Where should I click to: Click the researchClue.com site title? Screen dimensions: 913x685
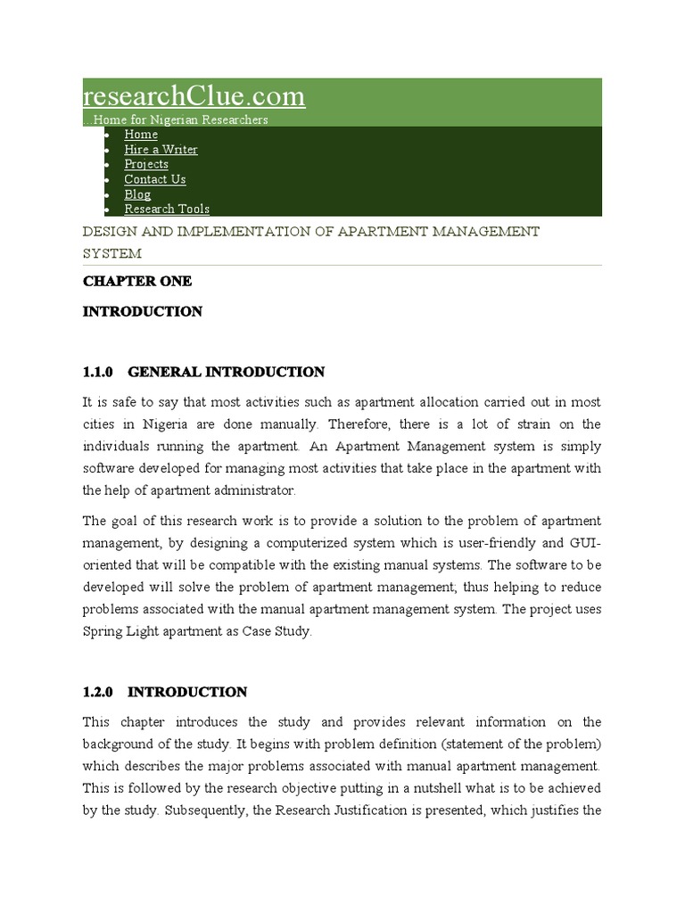click(x=194, y=96)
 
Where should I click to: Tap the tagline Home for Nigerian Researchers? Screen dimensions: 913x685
click(x=177, y=119)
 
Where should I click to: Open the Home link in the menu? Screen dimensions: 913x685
click(x=141, y=135)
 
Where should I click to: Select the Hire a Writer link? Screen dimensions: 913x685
click(x=161, y=150)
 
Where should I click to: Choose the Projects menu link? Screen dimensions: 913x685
click(x=146, y=164)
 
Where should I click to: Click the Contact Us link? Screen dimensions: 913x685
click(x=155, y=179)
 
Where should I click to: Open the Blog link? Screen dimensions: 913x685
click(x=137, y=194)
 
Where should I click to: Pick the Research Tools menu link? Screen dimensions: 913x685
click(x=167, y=209)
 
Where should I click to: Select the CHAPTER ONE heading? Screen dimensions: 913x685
click(x=136, y=281)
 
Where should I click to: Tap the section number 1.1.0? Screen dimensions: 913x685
click(x=99, y=372)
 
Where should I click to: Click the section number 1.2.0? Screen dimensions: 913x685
click(x=99, y=692)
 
